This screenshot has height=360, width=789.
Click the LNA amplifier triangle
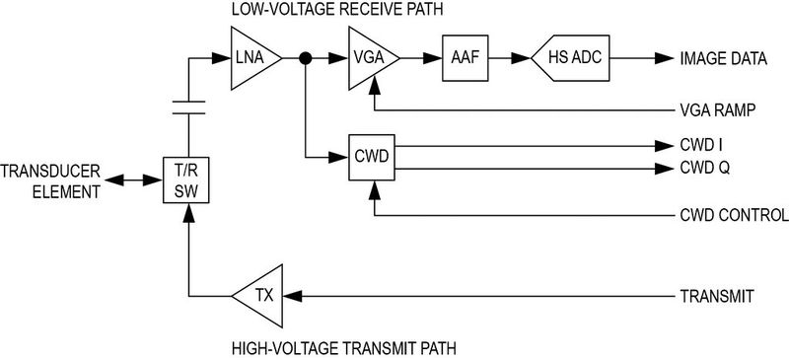(x=252, y=60)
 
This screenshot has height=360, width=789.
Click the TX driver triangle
(x=259, y=295)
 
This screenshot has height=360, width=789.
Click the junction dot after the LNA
(x=306, y=60)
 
